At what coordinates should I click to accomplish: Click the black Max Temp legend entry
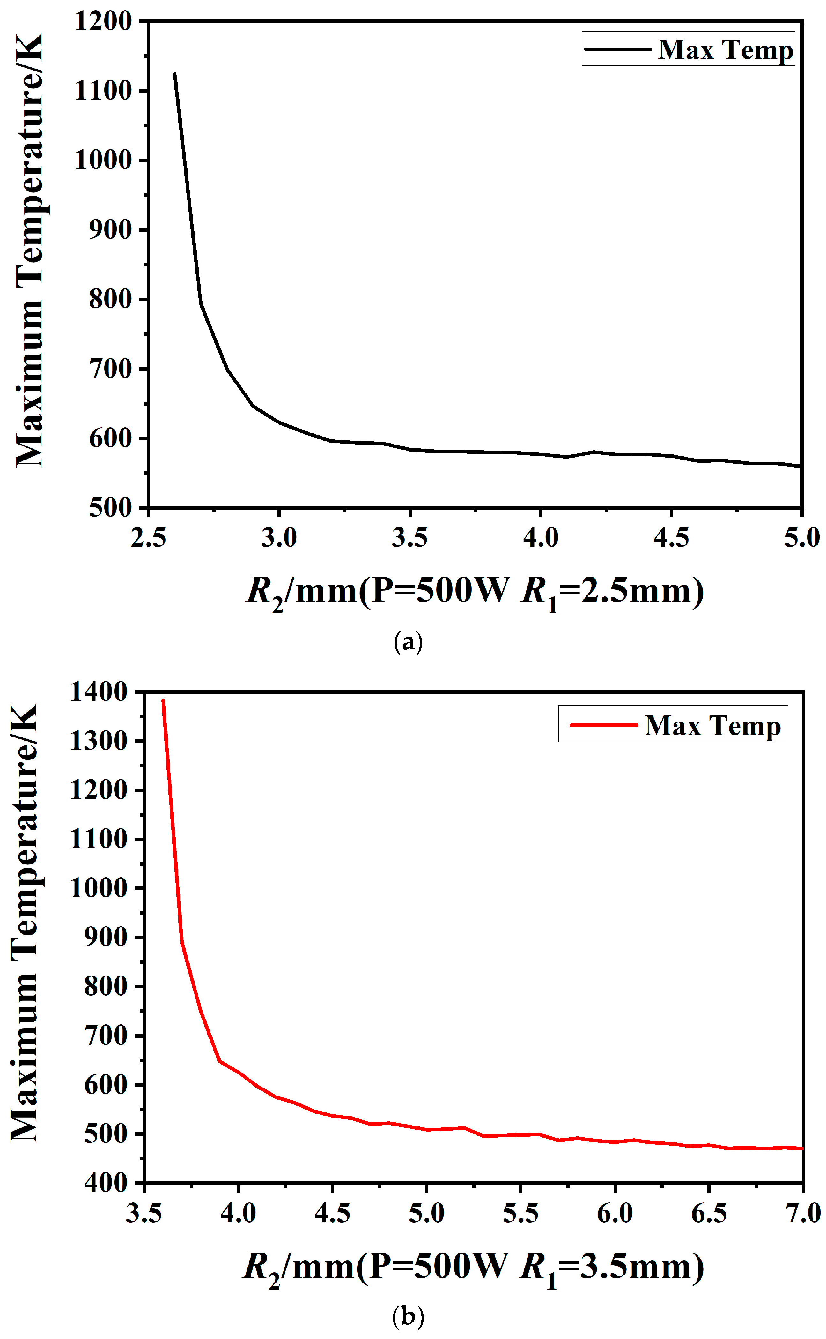[x=688, y=49]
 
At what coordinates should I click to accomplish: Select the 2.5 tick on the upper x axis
[x=148, y=538]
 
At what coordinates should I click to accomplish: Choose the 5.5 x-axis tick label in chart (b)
[x=520, y=1213]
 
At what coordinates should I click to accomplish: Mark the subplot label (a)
[x=408, y=641]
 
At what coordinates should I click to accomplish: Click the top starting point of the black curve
[x=174, y=73]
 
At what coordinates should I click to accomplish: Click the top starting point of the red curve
[x=163, y=700]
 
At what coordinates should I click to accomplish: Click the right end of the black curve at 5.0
[x=801, y=466]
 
